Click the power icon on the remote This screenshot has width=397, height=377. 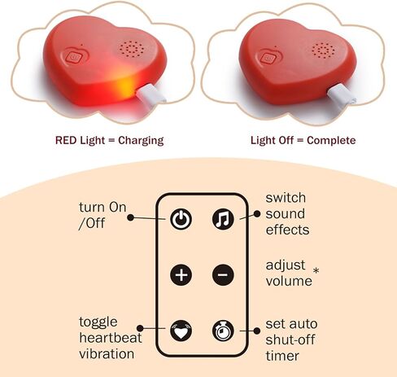tap(181, 219)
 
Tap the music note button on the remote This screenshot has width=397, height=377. tap(223, 219)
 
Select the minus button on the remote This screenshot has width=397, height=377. tap(223, 274)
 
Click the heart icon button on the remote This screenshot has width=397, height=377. tap(181, 331)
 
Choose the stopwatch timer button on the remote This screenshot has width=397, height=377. tap(223, 331)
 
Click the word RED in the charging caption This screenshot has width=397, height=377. tap(67, 140)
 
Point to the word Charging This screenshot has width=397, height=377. tap(141, 141)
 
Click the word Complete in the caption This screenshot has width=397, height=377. tap(331, 141)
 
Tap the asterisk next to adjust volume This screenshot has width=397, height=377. tap(316, 270)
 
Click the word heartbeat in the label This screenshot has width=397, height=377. tap(111, 338)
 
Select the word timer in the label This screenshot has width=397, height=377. tap(282, 356)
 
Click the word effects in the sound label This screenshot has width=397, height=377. tap(287, 230)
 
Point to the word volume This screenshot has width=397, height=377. tap(289, 281)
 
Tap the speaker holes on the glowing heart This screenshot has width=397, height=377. tap(131, 50)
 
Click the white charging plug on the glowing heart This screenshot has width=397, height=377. tap(151, 94)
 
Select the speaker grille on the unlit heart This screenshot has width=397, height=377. tap(323, 50)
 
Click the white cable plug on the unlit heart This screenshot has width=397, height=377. tap(342, 94)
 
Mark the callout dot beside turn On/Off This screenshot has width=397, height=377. tap(131, 217)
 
